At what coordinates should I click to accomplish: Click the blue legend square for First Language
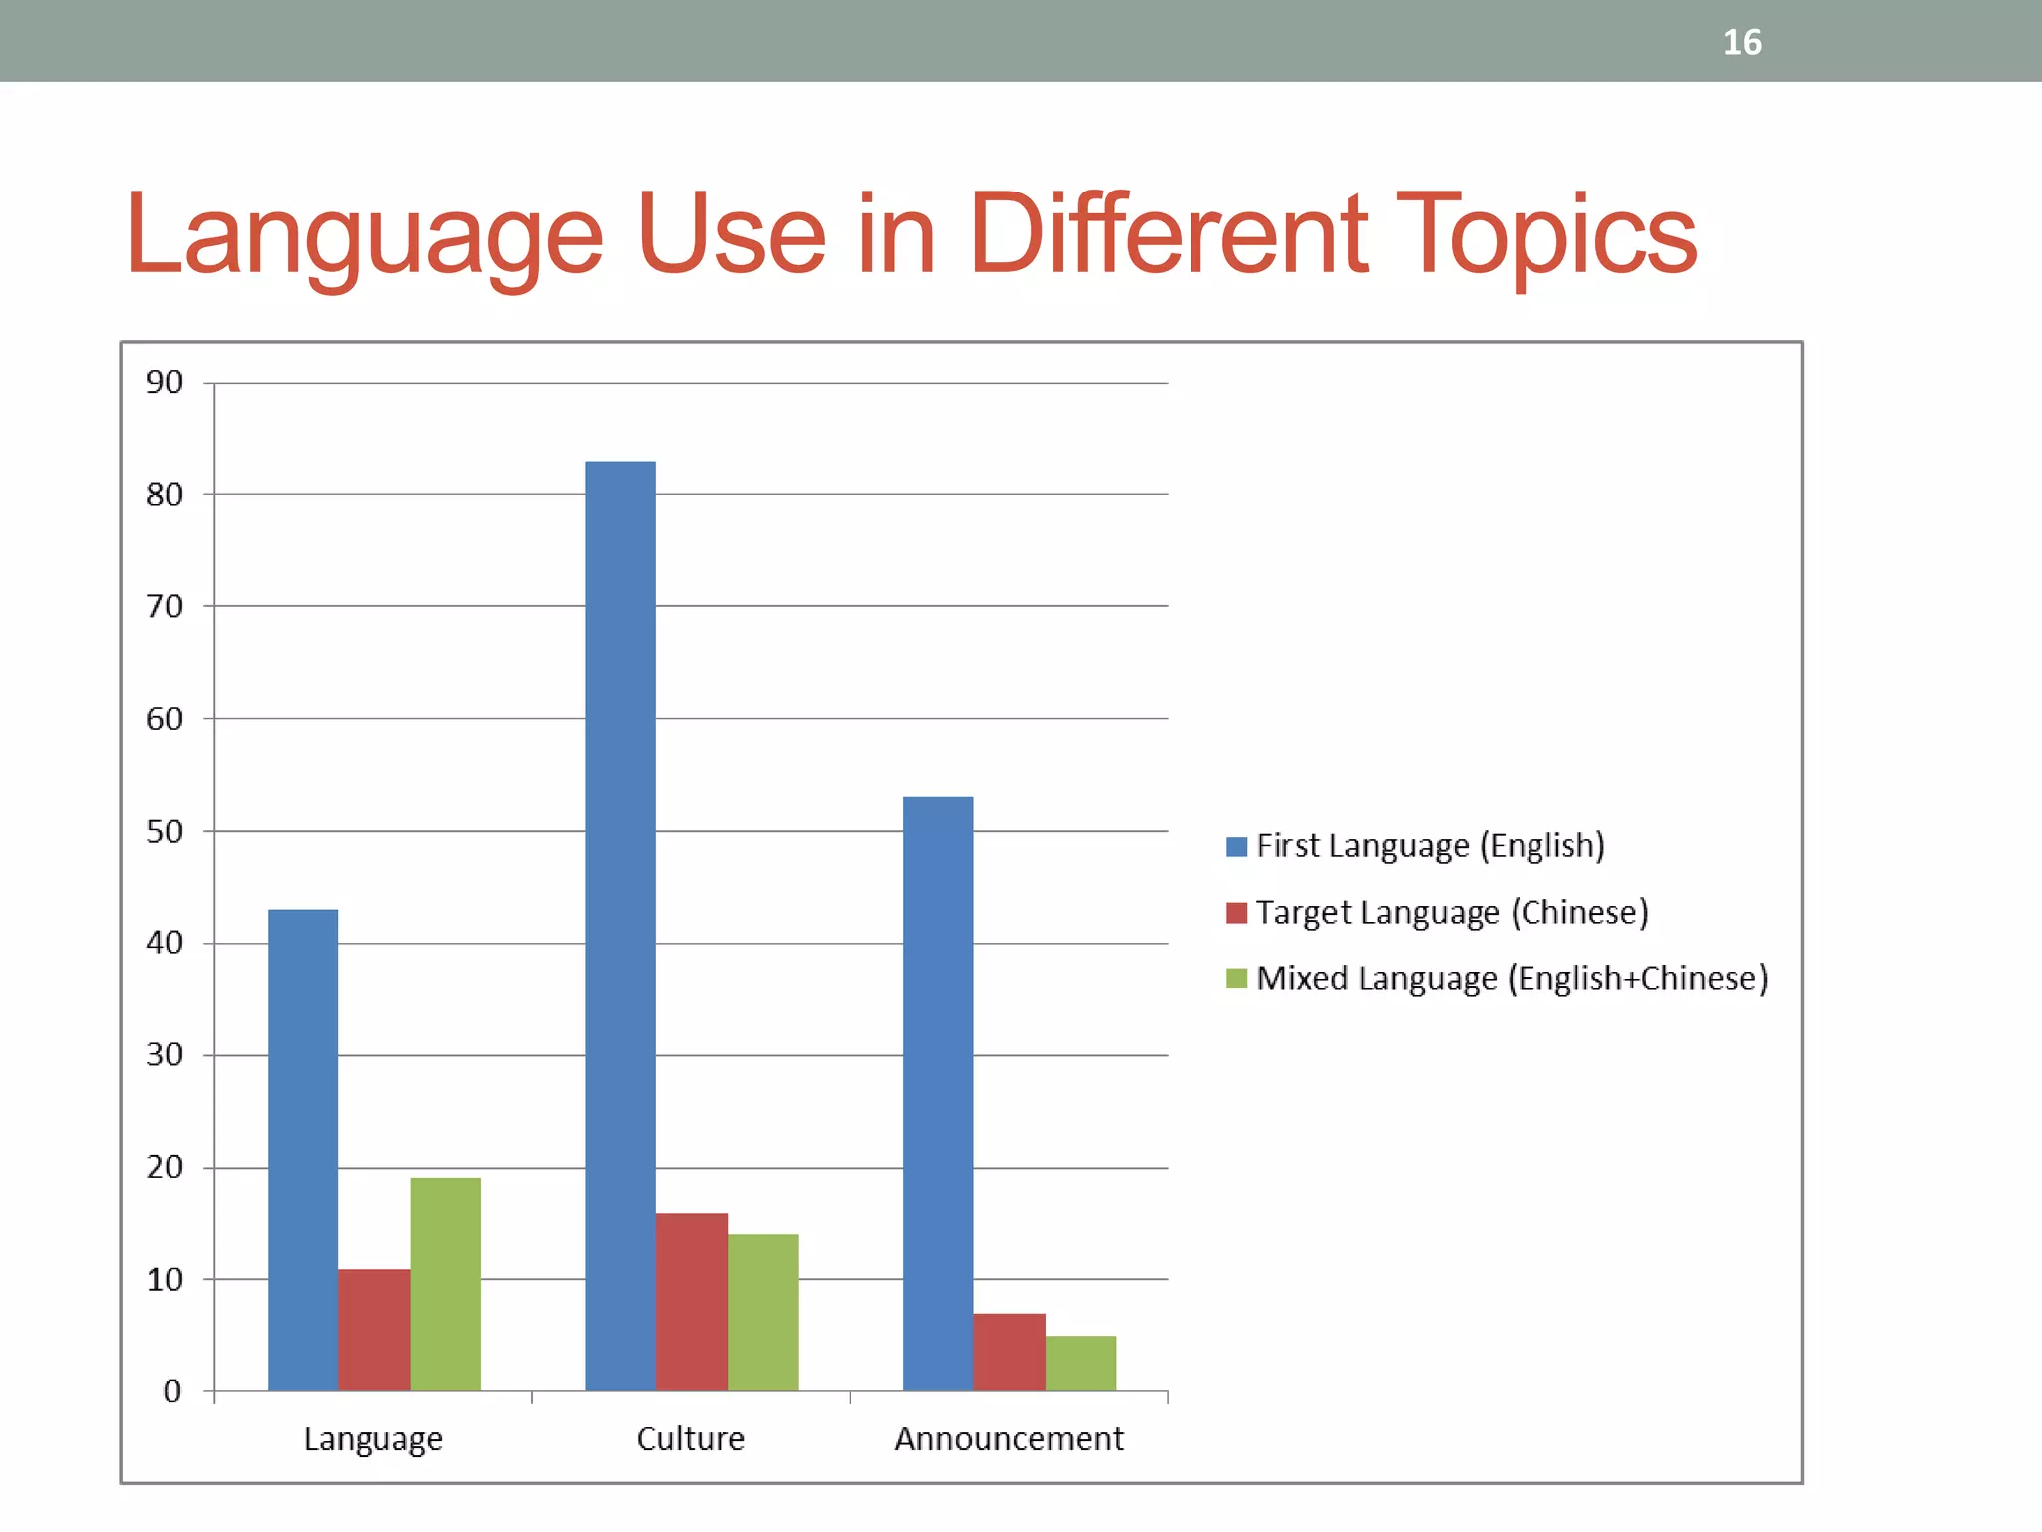1236,847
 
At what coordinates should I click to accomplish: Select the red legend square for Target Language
1236,913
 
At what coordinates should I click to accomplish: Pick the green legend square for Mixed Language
1236,979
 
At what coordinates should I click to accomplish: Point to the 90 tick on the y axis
165,382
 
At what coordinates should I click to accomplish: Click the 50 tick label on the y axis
165,831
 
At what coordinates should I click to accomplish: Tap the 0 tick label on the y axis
172,1391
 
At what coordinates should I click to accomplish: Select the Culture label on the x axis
690,1439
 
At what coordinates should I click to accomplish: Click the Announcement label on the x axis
1008,1439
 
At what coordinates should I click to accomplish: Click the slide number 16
1742,43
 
